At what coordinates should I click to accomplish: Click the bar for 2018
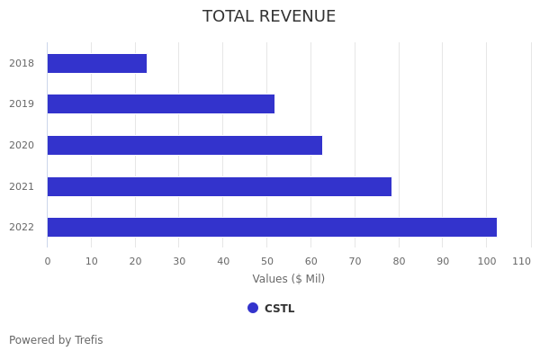pyautogui.click(x=96, y=63)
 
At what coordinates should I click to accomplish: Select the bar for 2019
pyautogui.click(x=160, y=104)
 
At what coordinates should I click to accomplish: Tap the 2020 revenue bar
pyautogui.click(x=184, y=145)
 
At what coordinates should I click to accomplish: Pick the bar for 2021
pyautogui.click(x=219, y=186)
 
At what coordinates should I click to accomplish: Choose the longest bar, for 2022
pyautogui.click(x=272, y=227)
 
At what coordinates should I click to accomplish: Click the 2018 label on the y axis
pyautogui.click(x=22, y=63)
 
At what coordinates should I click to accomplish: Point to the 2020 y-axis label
pyautogui.click(x=22, y=145)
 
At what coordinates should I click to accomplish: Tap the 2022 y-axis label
pyautogui.click(x=22, y=227)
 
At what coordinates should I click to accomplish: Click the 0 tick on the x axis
pyautogui.click(x=48, y=261)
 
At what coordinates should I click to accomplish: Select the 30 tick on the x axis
pyautogui.click(x=179, y=261)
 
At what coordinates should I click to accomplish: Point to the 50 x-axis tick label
pyautogui.click(x=266, y=261)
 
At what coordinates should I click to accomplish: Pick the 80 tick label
pyautogui.click(x=399, y=261)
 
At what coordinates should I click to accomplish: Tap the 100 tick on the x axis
pyautogui.click(x=487, y=261)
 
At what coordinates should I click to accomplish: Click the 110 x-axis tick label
pyautogui.click(x=522, y=261)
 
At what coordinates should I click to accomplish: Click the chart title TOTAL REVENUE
pyautogui.click(x=269, y=16)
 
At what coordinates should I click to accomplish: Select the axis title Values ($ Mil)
pyautogui.click(x=289, y=279)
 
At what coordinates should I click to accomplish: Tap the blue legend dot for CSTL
pyautogui.click(x=253, y=308)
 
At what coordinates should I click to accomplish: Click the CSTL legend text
pyautogui.click(x=279, y=309)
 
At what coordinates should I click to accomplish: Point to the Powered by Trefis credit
pyautogui.click(x=56, y=340)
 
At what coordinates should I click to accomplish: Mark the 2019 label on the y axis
pyautogui.click(x=22, y=104)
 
